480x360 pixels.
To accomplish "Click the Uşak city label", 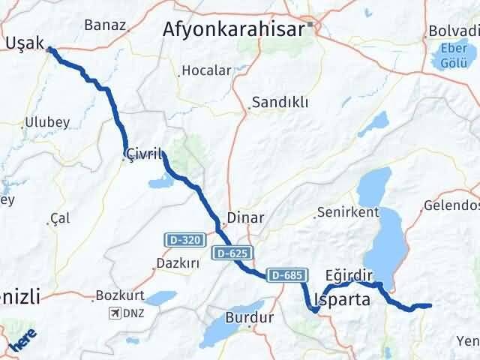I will (25, 42).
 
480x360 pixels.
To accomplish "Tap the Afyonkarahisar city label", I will (234, 28).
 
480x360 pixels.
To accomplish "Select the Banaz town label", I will (104, 25).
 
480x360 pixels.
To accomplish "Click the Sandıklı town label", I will (280, 103).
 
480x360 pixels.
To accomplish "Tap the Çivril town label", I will (144, 154).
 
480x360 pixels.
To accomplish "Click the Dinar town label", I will (244, 217).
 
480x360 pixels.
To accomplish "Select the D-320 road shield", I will (184, 240).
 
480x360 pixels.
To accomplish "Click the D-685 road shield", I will (286, 275).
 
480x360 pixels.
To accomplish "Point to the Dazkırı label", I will (177, 264).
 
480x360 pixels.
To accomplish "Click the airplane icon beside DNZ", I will (113, 312).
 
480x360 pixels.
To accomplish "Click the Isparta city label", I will (344, 300).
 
